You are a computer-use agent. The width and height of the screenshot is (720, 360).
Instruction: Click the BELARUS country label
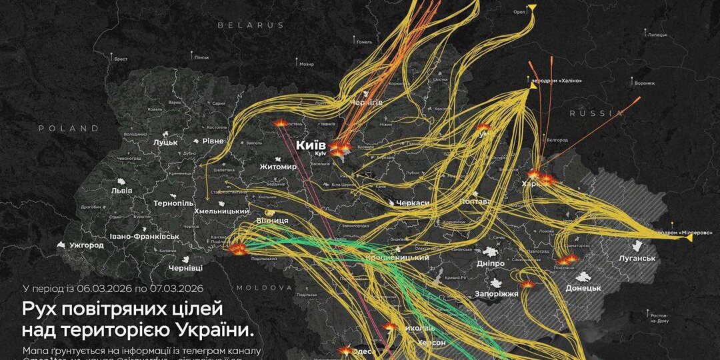(x=251, y=25)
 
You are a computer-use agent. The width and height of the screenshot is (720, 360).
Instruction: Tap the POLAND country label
(x=68, y=128)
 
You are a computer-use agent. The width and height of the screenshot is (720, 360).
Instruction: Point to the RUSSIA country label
(x=595, y=113)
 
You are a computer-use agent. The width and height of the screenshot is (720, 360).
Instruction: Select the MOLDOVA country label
(x=264, y=288)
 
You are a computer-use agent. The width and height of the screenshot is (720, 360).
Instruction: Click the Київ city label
(x=311, y=145)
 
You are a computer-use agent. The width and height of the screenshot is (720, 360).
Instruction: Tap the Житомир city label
(x=278, y=167)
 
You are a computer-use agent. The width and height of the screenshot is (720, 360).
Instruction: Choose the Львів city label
(x=122, y=191)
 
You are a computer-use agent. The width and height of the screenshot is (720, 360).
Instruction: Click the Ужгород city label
(x=87, y=245)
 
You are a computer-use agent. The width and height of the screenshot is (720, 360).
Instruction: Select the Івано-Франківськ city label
(x=145, y=236)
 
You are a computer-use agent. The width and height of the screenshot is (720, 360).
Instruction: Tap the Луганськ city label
(x=637, y=258)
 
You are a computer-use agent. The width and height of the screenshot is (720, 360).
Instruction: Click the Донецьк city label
(x=583, y=288)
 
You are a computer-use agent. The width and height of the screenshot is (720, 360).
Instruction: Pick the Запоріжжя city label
(x=495, y=293)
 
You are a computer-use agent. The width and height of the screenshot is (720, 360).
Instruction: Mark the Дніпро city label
(x=490, y=263)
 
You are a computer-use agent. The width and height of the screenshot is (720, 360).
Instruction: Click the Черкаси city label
(x=412, y=202)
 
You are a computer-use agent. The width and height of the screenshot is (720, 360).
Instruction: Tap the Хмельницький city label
(x=221, y=211)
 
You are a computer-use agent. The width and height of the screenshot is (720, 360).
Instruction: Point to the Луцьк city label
(x=165, y=142)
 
